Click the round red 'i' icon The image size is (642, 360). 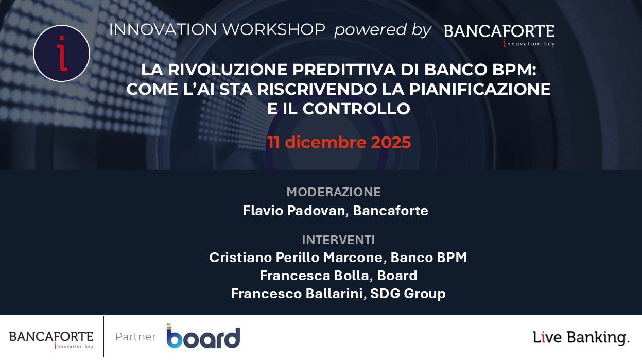[x=61, y=53]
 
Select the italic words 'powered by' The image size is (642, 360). [x=383, y=30]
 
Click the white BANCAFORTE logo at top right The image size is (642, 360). [x=499, y=33]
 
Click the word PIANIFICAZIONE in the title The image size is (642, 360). [x=480, y=89]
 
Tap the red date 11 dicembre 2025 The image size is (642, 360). [x=339, y=142]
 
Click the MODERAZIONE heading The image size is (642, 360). [x=334, y=192]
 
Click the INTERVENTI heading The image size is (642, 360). [x=338, y=240]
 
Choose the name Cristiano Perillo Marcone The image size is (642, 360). [x=296, y=258]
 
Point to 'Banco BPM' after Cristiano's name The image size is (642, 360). [x=429, y=258]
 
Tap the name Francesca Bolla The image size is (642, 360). [x=315, y=276]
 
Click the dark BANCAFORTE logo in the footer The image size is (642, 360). [x=51, y=339]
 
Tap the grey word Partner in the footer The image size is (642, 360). [x=135, y=337]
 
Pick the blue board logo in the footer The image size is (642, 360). [x=203, y=336]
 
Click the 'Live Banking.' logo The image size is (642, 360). [x=581, y=338]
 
